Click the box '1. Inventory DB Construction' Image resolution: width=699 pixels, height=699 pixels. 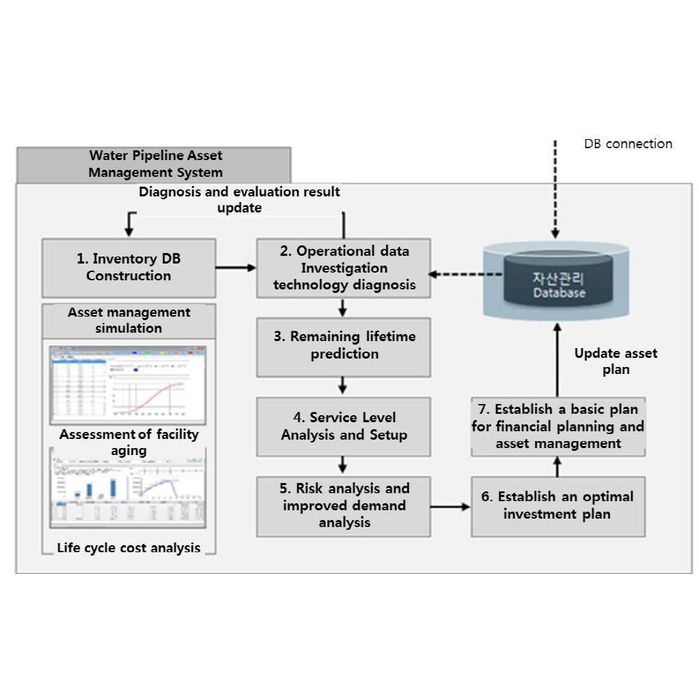tap(129, 268)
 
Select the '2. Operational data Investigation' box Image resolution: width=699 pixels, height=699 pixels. tap(343, 268)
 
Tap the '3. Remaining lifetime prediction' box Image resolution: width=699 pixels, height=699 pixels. tap(343, 346)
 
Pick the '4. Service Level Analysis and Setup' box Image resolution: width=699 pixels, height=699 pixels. tap(343, 426)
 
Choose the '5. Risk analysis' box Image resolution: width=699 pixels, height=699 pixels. tap(343, 505)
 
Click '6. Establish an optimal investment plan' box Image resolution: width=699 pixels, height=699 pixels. tap(557, 505)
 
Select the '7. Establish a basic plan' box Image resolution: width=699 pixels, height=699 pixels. tap(557, 426)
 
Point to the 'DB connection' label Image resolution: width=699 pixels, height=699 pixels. tap(628, 144)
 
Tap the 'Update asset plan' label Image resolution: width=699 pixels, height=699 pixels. tap(615, 361)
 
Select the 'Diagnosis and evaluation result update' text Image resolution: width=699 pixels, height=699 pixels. tap(239, 200)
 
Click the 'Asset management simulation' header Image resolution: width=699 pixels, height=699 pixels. tap(129, 320)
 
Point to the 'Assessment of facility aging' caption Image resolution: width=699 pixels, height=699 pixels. tap(129, 442)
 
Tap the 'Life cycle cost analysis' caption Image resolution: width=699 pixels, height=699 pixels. tap(129, 548)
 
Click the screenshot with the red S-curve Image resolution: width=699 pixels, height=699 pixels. tap(128, 385)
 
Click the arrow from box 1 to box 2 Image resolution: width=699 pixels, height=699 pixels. tap(236, 267)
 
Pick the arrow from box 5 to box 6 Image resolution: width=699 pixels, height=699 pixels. tap(450, 506)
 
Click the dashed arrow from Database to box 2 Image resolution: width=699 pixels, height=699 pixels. tap(464, 275)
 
